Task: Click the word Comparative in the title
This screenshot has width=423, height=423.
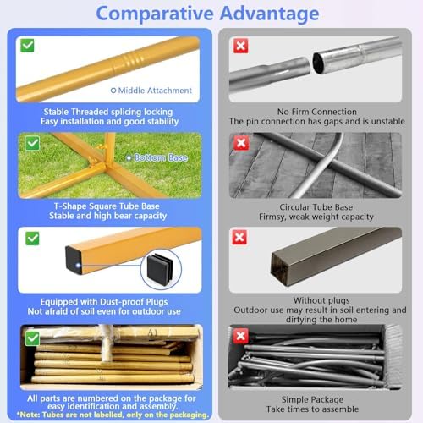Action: pyautogui.click(x=155, y=14)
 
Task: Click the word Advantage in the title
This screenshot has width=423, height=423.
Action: pyautogui.click(x=269, y=14)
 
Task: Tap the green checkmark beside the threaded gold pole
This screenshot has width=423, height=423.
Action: pyautogui.click(x=27, y=46)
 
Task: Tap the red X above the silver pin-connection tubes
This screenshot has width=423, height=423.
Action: pyautogui.click(x=241, y=46)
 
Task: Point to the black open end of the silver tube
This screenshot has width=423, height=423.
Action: pyautogui.click(x=319, y=63)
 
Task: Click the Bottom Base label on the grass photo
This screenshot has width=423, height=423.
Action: pyautogui.click(x=161, y=157)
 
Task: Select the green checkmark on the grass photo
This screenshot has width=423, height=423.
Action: pyautogui.click(x=32, y=143)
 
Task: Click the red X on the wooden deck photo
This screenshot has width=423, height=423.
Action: pyautogui.click(x=241, y=143)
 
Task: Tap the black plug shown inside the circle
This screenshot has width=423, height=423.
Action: pyautogui.click(x=160, y=269)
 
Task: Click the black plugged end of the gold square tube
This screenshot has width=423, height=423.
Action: pyautogui.click(x=74, y=261)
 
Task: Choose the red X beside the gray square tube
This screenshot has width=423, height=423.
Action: pyautogui.click(x=239, y=237)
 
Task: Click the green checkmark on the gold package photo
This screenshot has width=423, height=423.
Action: pyautogui.click(x=32, y=338)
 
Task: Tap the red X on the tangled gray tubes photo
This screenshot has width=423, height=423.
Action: pyautogui.click(x=241, y=336)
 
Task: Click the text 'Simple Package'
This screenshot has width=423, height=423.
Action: pyautogui.click(x=312, y=399)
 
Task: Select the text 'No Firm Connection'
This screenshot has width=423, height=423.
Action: pyautogui.click(x=317, y=112)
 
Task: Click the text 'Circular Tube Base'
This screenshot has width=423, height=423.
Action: pyautogui.click(x=316, y=207)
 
